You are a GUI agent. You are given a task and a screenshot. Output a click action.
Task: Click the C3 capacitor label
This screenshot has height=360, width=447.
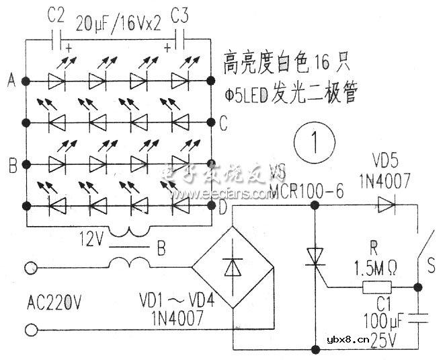tap(183, 15)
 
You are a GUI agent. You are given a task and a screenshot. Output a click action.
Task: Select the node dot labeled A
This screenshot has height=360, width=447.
tap(26, 81)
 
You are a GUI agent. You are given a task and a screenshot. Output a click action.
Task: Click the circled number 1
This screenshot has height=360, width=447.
tap(309, 145)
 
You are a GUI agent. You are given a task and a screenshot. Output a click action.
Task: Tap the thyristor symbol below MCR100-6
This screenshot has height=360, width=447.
tap(315, 258)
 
